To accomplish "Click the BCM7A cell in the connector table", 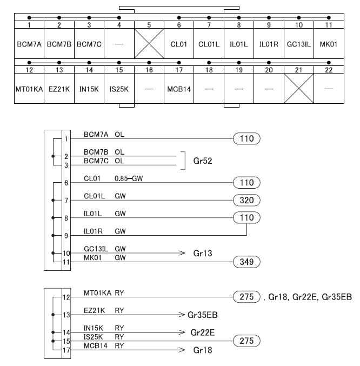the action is pos(29,44).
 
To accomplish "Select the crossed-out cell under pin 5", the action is pos(149,44).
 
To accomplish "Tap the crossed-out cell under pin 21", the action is pos(299,89).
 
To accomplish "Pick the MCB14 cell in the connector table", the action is pos(179,89).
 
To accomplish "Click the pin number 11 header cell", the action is pos(329,25).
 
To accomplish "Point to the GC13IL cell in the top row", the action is pos(299,44).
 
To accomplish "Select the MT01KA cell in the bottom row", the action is pos(29,89).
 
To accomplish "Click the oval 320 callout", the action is pos(246,200).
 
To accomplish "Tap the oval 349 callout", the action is pos(246,262).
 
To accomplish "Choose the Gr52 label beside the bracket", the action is pos(203,161).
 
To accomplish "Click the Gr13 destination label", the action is pos(203,253).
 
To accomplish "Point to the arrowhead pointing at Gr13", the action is pos(182,253).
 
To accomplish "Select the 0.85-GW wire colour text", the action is pos(129,178).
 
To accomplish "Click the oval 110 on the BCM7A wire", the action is pos(246,138).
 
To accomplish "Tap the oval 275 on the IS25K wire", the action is pos(246,341).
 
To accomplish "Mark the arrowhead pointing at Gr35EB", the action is pos(182,315).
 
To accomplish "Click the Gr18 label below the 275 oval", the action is pos(203,350).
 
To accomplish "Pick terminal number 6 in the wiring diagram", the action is pos(66,183).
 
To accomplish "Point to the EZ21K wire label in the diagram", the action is pos(94,310).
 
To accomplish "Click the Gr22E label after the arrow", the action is pos(203,332).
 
